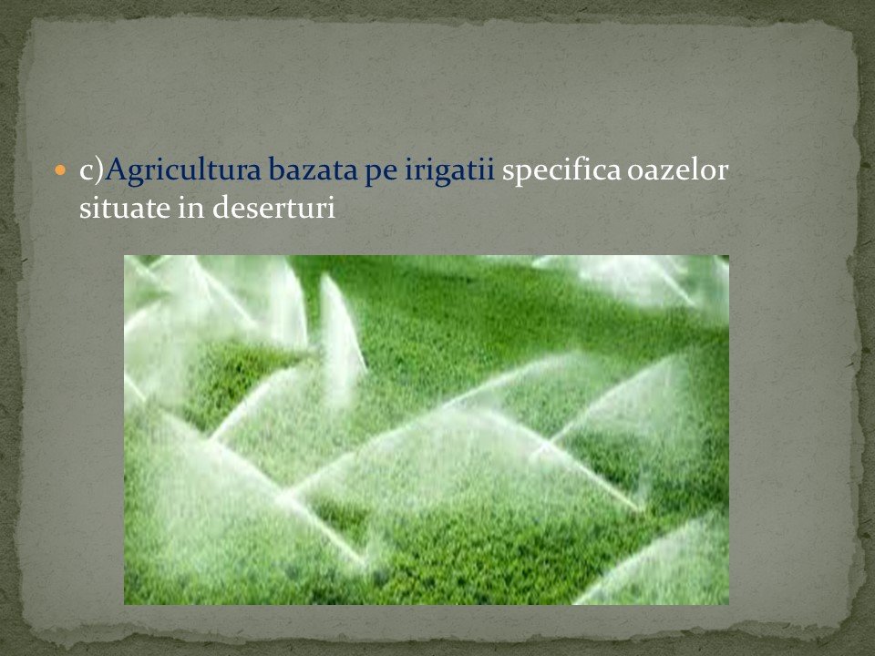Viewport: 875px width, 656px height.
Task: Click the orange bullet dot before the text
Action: pos(60,169)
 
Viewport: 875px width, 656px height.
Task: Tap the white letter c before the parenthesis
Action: pos(87,172)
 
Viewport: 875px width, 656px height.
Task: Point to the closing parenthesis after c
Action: pos(99,170)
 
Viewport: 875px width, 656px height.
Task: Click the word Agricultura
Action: pos(183,170)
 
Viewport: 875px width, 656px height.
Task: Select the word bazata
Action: pos(313,169)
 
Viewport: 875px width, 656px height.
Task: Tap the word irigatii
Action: pos(449,170)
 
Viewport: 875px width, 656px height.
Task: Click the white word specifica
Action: pos(561,170)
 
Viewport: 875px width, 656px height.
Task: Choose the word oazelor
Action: pos(677,169)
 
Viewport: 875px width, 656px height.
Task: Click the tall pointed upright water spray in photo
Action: pos(339,329)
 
